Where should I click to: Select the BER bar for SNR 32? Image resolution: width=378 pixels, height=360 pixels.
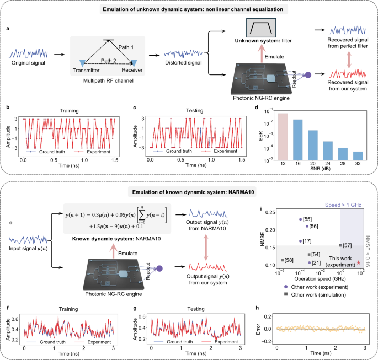click(358, 155)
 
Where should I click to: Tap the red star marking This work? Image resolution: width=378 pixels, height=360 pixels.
click(359, 264)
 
